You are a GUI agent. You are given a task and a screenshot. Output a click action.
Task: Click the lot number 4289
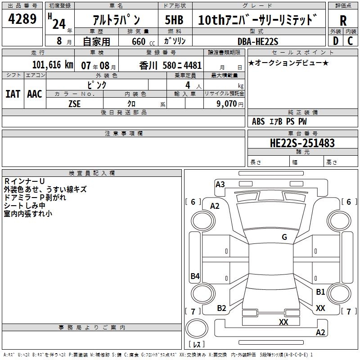click(x=22, y=19)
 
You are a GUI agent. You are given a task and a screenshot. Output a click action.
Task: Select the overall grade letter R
click(x=343, y=21)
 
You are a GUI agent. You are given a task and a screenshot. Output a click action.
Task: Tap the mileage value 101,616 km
click(x=53, y=65)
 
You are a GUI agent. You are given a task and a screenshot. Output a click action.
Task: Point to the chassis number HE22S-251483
click(x=302, y=143)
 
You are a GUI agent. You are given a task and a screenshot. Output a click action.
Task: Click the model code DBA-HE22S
click(x=258, y=41)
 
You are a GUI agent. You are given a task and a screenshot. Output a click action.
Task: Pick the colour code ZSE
click(x=74, y=104)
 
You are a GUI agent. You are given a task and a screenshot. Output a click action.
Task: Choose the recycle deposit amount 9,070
click(x=226, y=103)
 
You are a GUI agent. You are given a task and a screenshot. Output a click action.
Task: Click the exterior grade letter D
click(x=336, y=41)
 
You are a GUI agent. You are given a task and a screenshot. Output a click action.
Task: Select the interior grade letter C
click(x=350, y=41)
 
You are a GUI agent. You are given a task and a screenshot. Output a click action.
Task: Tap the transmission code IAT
click(x=13, y=94)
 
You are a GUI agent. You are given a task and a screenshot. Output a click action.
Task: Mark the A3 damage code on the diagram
click(x=220, y=184)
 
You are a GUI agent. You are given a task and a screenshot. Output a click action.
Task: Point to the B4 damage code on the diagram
click(x=195, y=276)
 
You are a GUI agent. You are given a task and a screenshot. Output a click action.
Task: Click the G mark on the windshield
click(x=284, y=237)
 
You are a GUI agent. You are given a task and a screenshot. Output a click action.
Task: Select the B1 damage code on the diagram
click(x=320, y=292)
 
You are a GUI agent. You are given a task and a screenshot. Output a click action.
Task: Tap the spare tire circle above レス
click(x=197, y=328)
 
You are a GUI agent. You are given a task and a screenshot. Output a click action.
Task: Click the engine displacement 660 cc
click(x=143, y=41)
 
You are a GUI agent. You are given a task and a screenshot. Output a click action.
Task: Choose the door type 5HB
click(x=174, y=20)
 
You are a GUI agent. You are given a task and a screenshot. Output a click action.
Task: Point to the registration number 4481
click(x=193, y=66)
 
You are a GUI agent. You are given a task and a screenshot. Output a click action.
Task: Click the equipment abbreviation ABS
click(x=258, y=121)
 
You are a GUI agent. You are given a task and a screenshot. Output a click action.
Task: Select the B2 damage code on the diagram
click(x=221, y=308)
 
